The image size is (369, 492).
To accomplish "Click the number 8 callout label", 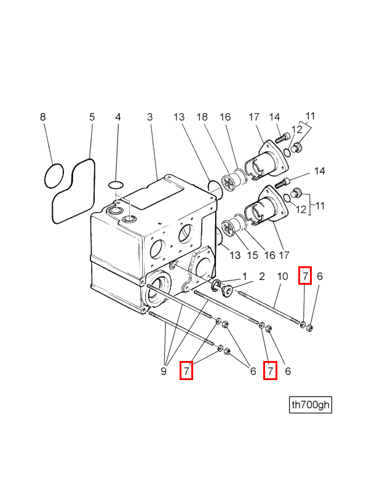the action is point(42,117).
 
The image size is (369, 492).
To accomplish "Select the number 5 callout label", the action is point(92,117).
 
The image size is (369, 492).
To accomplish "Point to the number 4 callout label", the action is point(117,117).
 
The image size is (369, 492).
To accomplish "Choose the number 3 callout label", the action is point(149,117).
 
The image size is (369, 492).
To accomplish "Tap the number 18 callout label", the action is point(202,117).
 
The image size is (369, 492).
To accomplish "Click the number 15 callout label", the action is point(252,255).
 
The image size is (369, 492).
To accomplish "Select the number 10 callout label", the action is point(282,276).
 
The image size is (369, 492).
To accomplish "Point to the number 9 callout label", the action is point(163,371).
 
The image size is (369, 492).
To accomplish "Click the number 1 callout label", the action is point(244,276).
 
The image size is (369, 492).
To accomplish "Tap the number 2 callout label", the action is point(262,276).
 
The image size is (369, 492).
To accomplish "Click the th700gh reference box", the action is point(311,405).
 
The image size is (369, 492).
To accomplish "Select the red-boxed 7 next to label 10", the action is point(305,276).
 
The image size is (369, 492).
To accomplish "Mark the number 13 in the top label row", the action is point(179,117).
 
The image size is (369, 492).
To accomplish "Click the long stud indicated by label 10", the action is point(269,307).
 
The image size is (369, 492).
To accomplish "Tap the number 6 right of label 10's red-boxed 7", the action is point(320,276).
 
